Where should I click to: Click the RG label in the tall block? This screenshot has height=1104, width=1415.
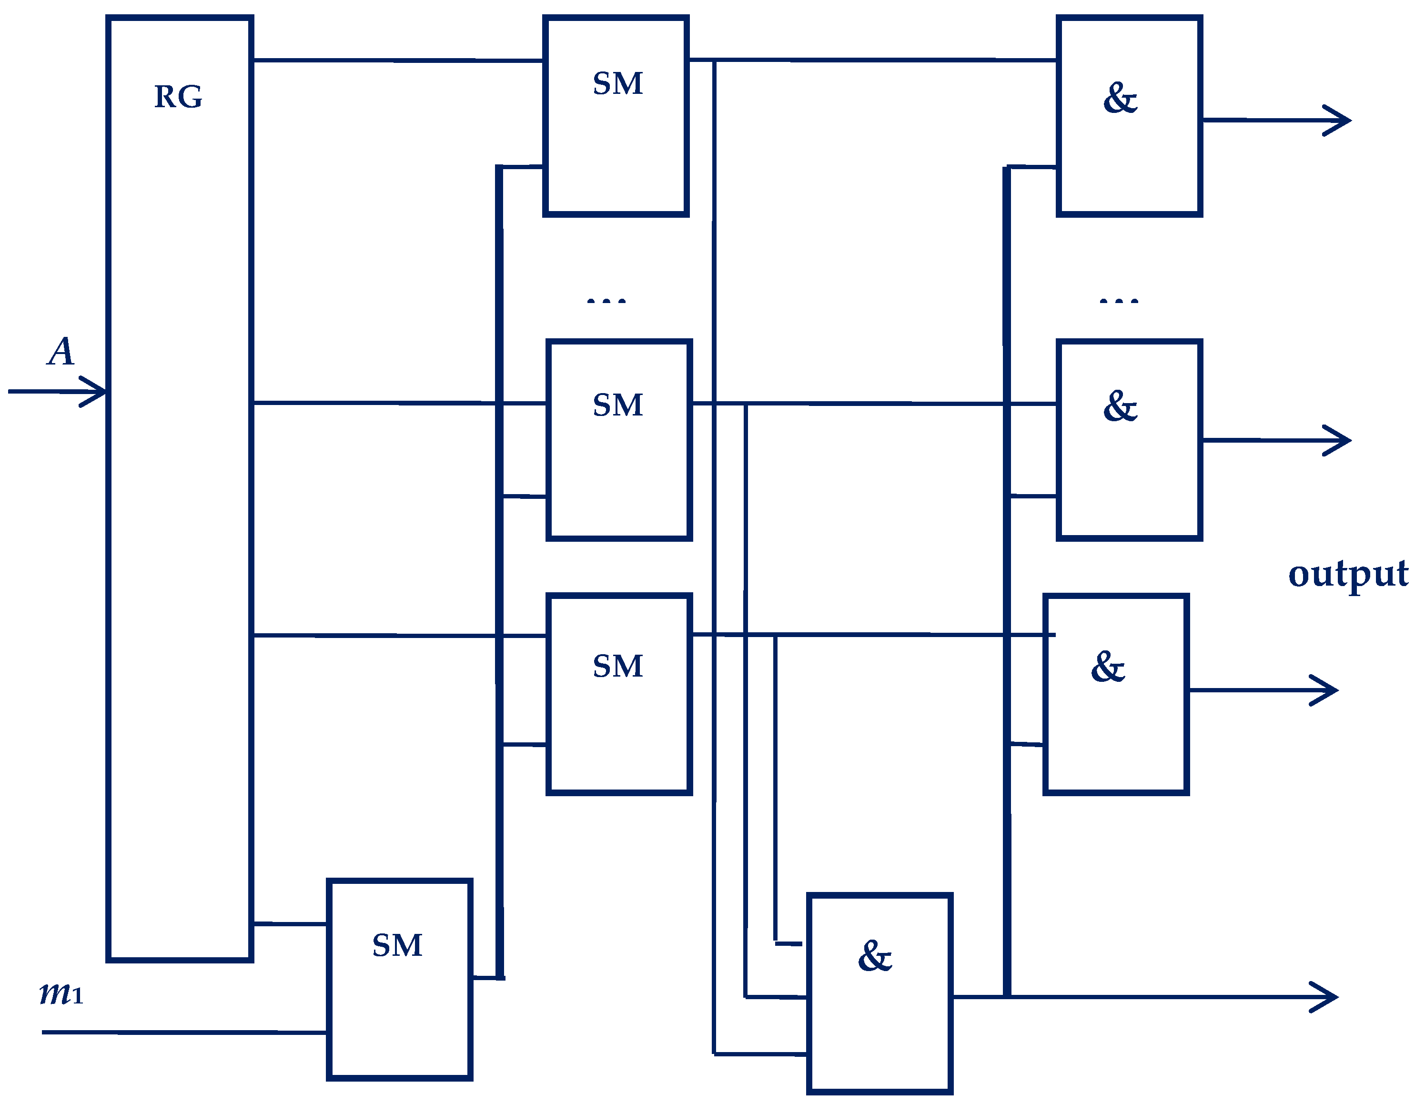178,97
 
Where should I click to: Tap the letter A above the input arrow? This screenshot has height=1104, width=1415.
61,352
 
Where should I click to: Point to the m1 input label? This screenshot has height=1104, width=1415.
61,993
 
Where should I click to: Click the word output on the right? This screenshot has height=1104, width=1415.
1348,574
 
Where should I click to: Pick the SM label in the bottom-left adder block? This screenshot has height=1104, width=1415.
397,945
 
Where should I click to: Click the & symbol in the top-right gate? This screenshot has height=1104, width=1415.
1120,99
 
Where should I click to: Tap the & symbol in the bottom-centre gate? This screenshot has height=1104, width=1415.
875,956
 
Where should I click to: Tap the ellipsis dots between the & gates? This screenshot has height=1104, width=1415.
1119,301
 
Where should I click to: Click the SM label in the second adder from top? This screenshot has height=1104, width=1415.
617,405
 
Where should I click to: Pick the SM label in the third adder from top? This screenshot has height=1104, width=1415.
617,666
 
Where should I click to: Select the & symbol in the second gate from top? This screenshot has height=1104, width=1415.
1120,406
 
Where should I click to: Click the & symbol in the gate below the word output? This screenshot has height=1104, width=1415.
1108,668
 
